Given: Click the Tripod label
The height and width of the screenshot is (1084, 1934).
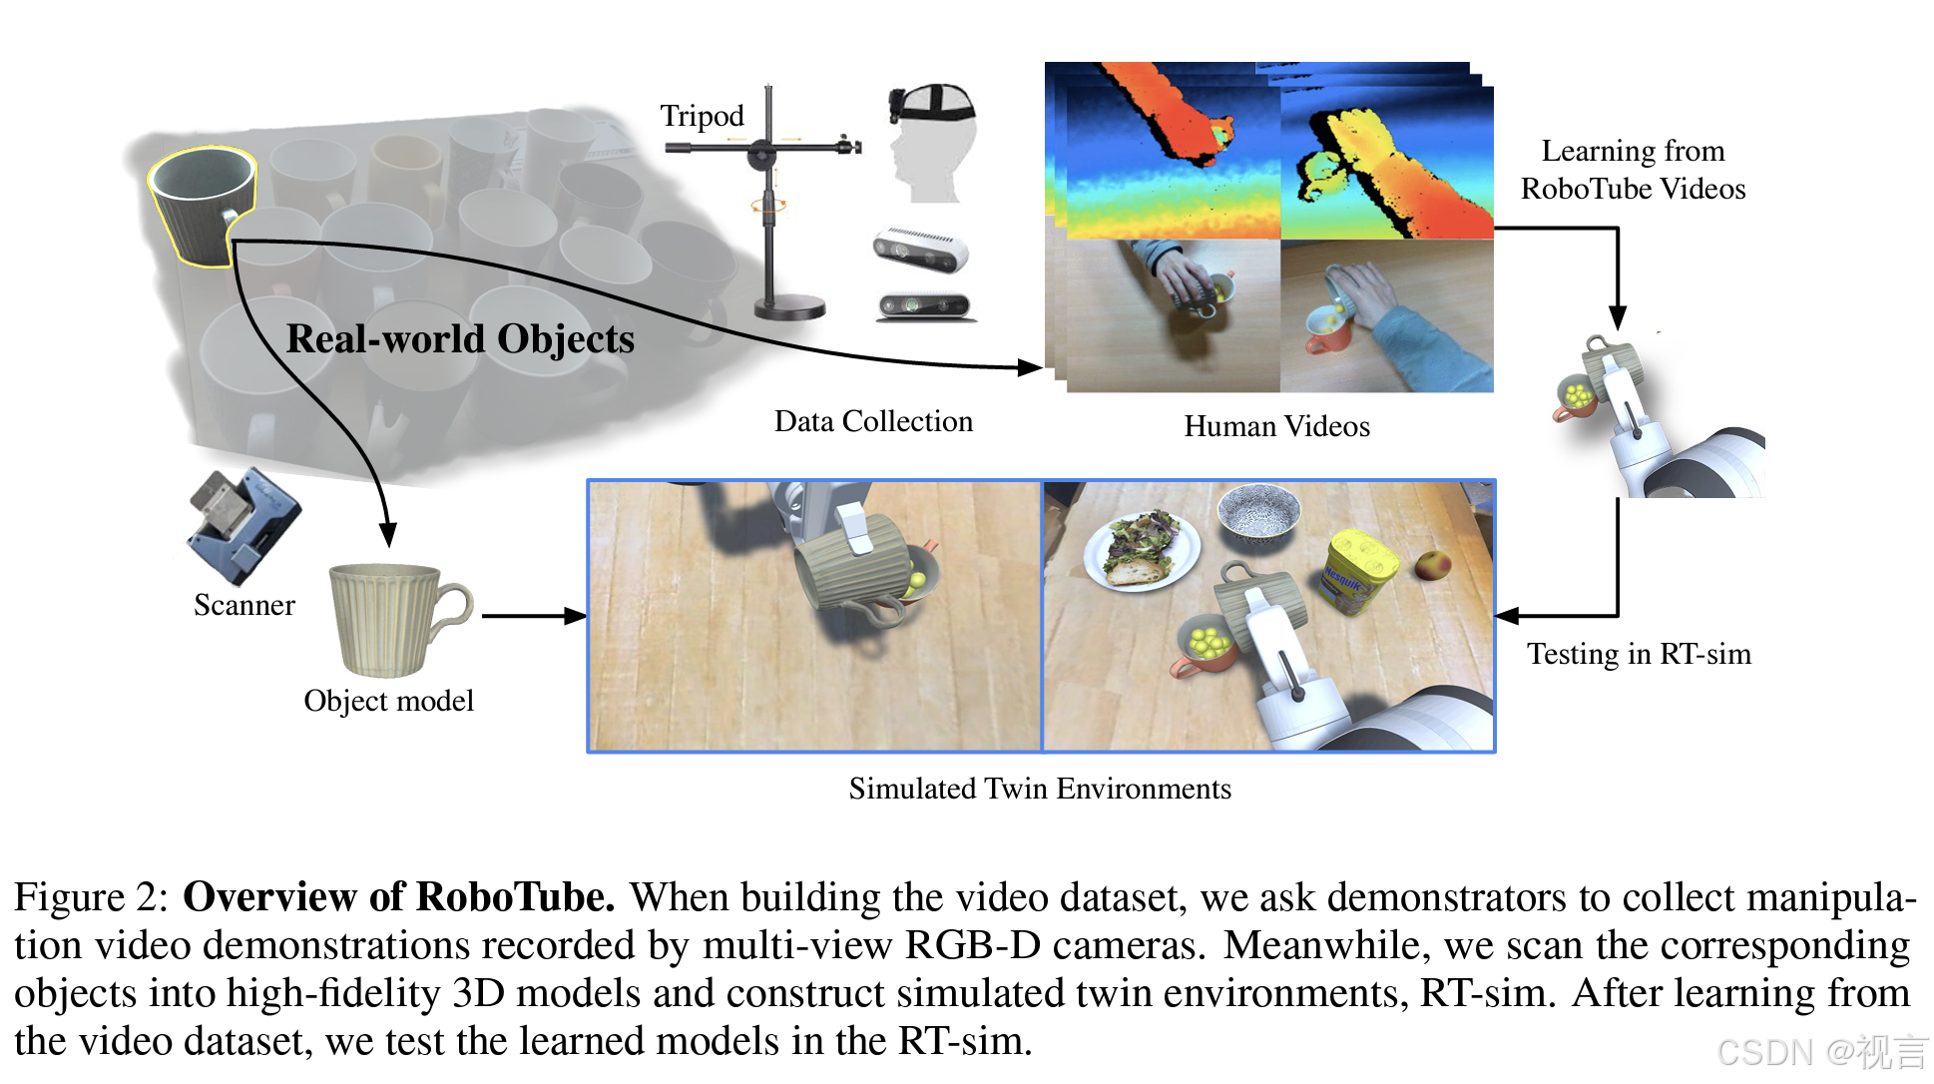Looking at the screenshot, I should [x=702, y=116].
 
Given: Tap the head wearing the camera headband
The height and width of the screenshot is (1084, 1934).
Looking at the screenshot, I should [x=930, y=141].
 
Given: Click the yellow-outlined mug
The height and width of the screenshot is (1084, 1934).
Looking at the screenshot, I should [x=203, y=204].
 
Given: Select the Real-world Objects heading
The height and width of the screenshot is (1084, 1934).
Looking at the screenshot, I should [x=460, y=338].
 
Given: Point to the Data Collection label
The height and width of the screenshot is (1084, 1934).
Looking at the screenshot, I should [x=873, y=421].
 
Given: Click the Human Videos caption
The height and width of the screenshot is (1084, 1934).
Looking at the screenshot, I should [x=1276, y=426].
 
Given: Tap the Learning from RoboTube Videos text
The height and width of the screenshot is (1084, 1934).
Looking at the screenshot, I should [x=1633, y=170].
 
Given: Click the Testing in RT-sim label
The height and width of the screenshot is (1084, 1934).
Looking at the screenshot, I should [x=1639, y=654].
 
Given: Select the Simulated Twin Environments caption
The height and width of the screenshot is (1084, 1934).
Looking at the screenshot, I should [x=1040, y=789].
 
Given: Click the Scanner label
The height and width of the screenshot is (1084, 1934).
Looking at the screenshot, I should [x=244, y=605].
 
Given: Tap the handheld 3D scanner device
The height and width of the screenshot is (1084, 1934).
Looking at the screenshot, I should [x=244, y=523].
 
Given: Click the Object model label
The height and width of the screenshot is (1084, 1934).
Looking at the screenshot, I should [x=388, y=701].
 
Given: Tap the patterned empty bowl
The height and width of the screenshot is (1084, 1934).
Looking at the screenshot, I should [x=1259, y=510].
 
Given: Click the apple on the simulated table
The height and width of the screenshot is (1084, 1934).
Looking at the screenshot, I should [x=1433, y=565].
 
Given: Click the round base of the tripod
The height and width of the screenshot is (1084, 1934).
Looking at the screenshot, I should [x=789, y=307].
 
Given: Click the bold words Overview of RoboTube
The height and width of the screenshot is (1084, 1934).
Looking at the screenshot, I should [x=398, y=897].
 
